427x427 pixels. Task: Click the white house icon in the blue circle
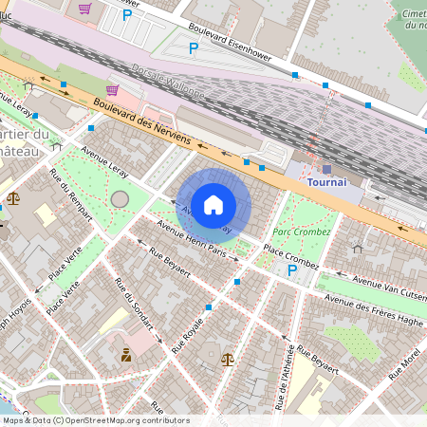pos(213,204)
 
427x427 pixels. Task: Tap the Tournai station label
pos(327,181)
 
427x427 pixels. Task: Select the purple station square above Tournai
pos(327,168)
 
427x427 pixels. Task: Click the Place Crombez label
pos(290,253)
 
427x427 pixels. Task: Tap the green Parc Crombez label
pos(302,232)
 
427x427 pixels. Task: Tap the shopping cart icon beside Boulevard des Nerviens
pos(113,91)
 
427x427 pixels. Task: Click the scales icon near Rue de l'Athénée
pos(227,359)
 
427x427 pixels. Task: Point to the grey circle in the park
pos(120,198)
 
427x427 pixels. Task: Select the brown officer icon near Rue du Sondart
pos(125,355)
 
